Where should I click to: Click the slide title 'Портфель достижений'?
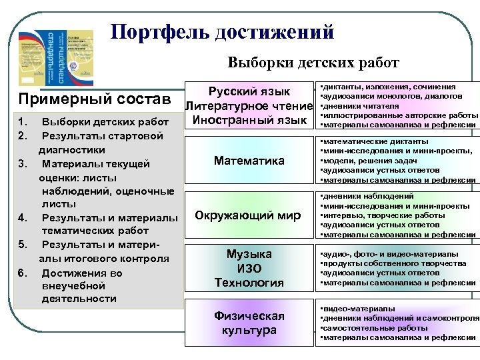(221, 31)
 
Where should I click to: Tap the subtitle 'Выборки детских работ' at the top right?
(313, 63)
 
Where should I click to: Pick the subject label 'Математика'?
(249, 161)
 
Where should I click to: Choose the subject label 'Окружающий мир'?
(249, 215)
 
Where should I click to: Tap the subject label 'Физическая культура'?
(249, 323)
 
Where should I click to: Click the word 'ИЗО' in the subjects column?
(249, 268)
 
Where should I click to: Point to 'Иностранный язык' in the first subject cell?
(249, 120)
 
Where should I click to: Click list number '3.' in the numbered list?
(23, 164)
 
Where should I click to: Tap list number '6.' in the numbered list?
(23, 273)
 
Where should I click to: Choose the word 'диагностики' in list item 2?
(73, 150)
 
